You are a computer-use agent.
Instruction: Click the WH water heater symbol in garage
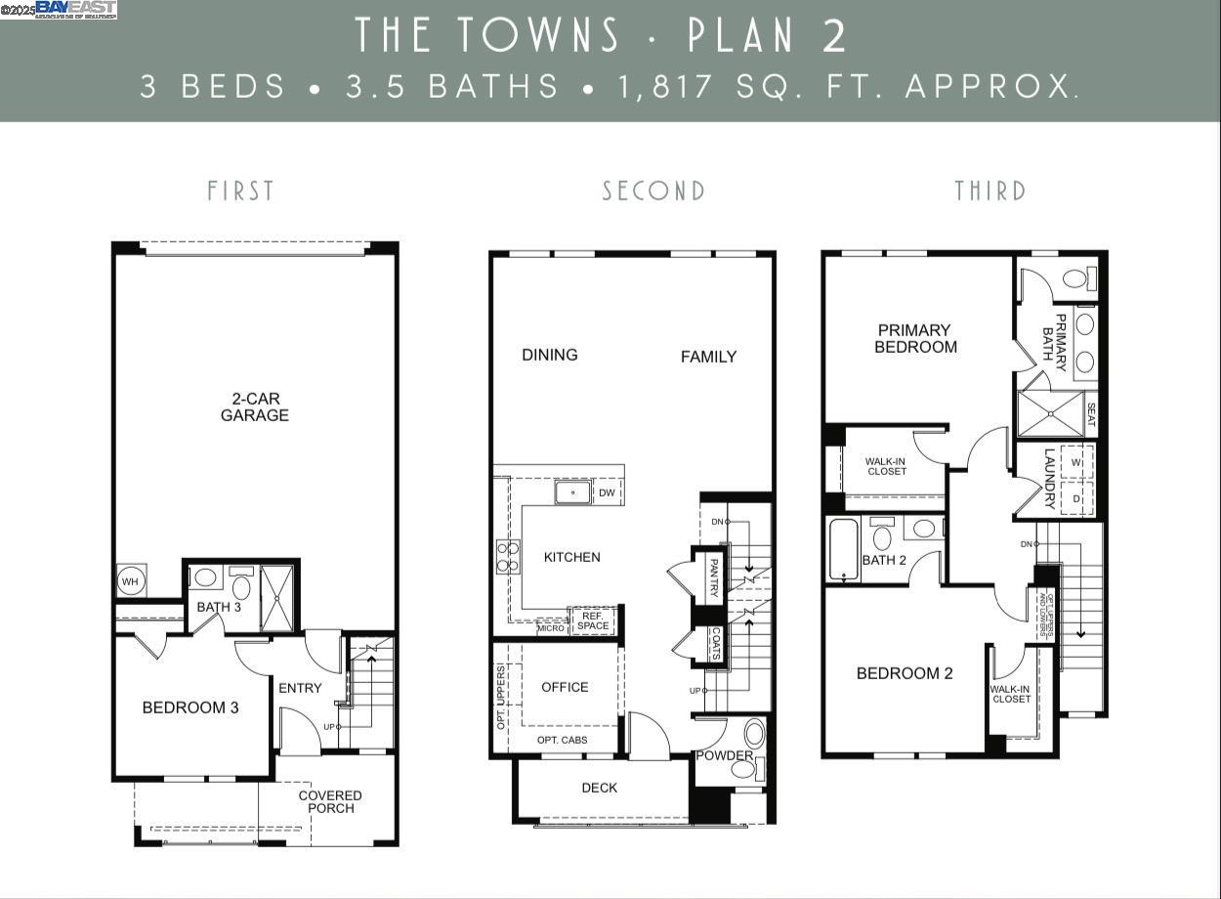pyautogui.click(x=130, y=581)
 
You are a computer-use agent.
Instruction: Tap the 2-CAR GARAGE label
pyautogui.click(x=254, y=407)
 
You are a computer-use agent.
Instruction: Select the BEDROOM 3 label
pyautogui.click(x=190, y=707)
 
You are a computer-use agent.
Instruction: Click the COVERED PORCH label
pyautogui.click(x=330, y=801)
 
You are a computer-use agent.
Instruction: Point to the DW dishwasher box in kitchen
pyautogui.click(x=607, y=492)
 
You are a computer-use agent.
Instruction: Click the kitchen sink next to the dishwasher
pyautogui.click(x=573, y=492)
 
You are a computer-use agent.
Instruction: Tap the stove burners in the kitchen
pyautogui.click(x=508, y=557)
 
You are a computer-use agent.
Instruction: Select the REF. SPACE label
pyautogui.click(x=593, y=621)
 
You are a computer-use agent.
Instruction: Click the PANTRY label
pyautogui.click(x=714, y=577)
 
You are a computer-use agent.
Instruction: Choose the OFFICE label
pyautogui.click(x=565, y=687)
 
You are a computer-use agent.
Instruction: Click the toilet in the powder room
pyautogui.click(x=754, y=734)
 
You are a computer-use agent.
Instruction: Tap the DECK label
pyautogui.click(x=599, y=788)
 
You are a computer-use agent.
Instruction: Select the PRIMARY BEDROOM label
pyautogui.click(x=915, y=338)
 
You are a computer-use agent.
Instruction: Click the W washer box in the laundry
pyautogui.click(x=1076, y=461)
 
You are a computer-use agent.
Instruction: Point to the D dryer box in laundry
pyautogui.click(x=1076, y=498)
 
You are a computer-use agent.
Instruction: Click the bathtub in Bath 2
pyautogui.click(x=843, y=549)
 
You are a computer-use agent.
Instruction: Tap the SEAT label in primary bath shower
pyautogui.click(x=1091, y=413)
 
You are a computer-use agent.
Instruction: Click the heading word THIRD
pyautogui.click(x=990, y=191)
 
